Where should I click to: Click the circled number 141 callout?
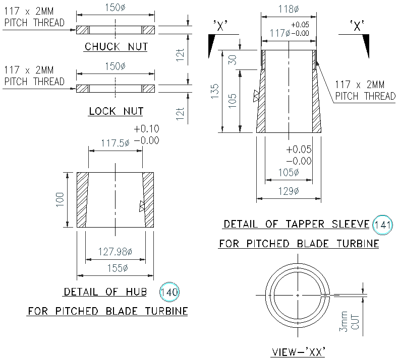[382, 225]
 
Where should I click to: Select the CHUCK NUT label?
[116, 47]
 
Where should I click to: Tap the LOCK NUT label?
[116, 111]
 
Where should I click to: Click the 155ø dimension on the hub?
[116, 268]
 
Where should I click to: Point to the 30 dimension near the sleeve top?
[233, 59]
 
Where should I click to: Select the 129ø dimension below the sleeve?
[289, 192]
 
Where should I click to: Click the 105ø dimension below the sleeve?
[289, 172]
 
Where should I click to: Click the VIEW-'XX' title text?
[298, 351]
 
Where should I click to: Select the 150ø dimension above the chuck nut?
[116, 8]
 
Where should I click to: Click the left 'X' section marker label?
[220, 27]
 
